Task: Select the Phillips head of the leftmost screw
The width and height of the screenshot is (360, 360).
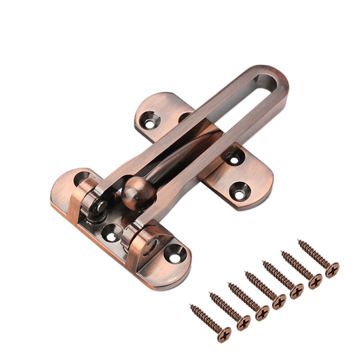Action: (224, 334)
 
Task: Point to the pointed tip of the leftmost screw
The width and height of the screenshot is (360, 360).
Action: (191, 306)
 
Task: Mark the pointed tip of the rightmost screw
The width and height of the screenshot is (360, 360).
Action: (299, 243)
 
